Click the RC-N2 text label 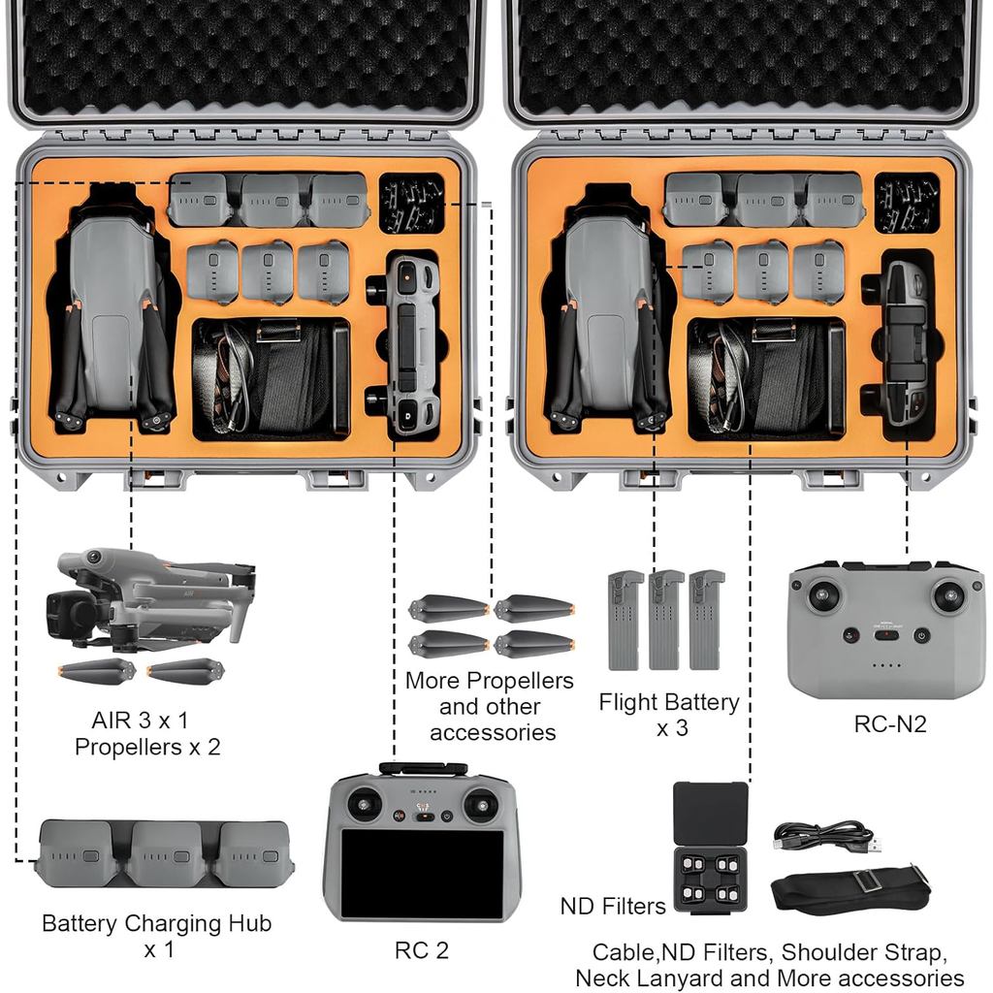(889, 723)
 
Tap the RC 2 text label (421, 950)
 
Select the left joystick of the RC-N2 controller (823, 594)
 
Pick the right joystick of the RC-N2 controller (947, 594)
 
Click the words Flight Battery (668, 701)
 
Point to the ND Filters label (613, 906)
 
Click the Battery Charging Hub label (156, 923)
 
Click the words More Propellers (489, 681)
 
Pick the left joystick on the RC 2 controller (365, 803)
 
